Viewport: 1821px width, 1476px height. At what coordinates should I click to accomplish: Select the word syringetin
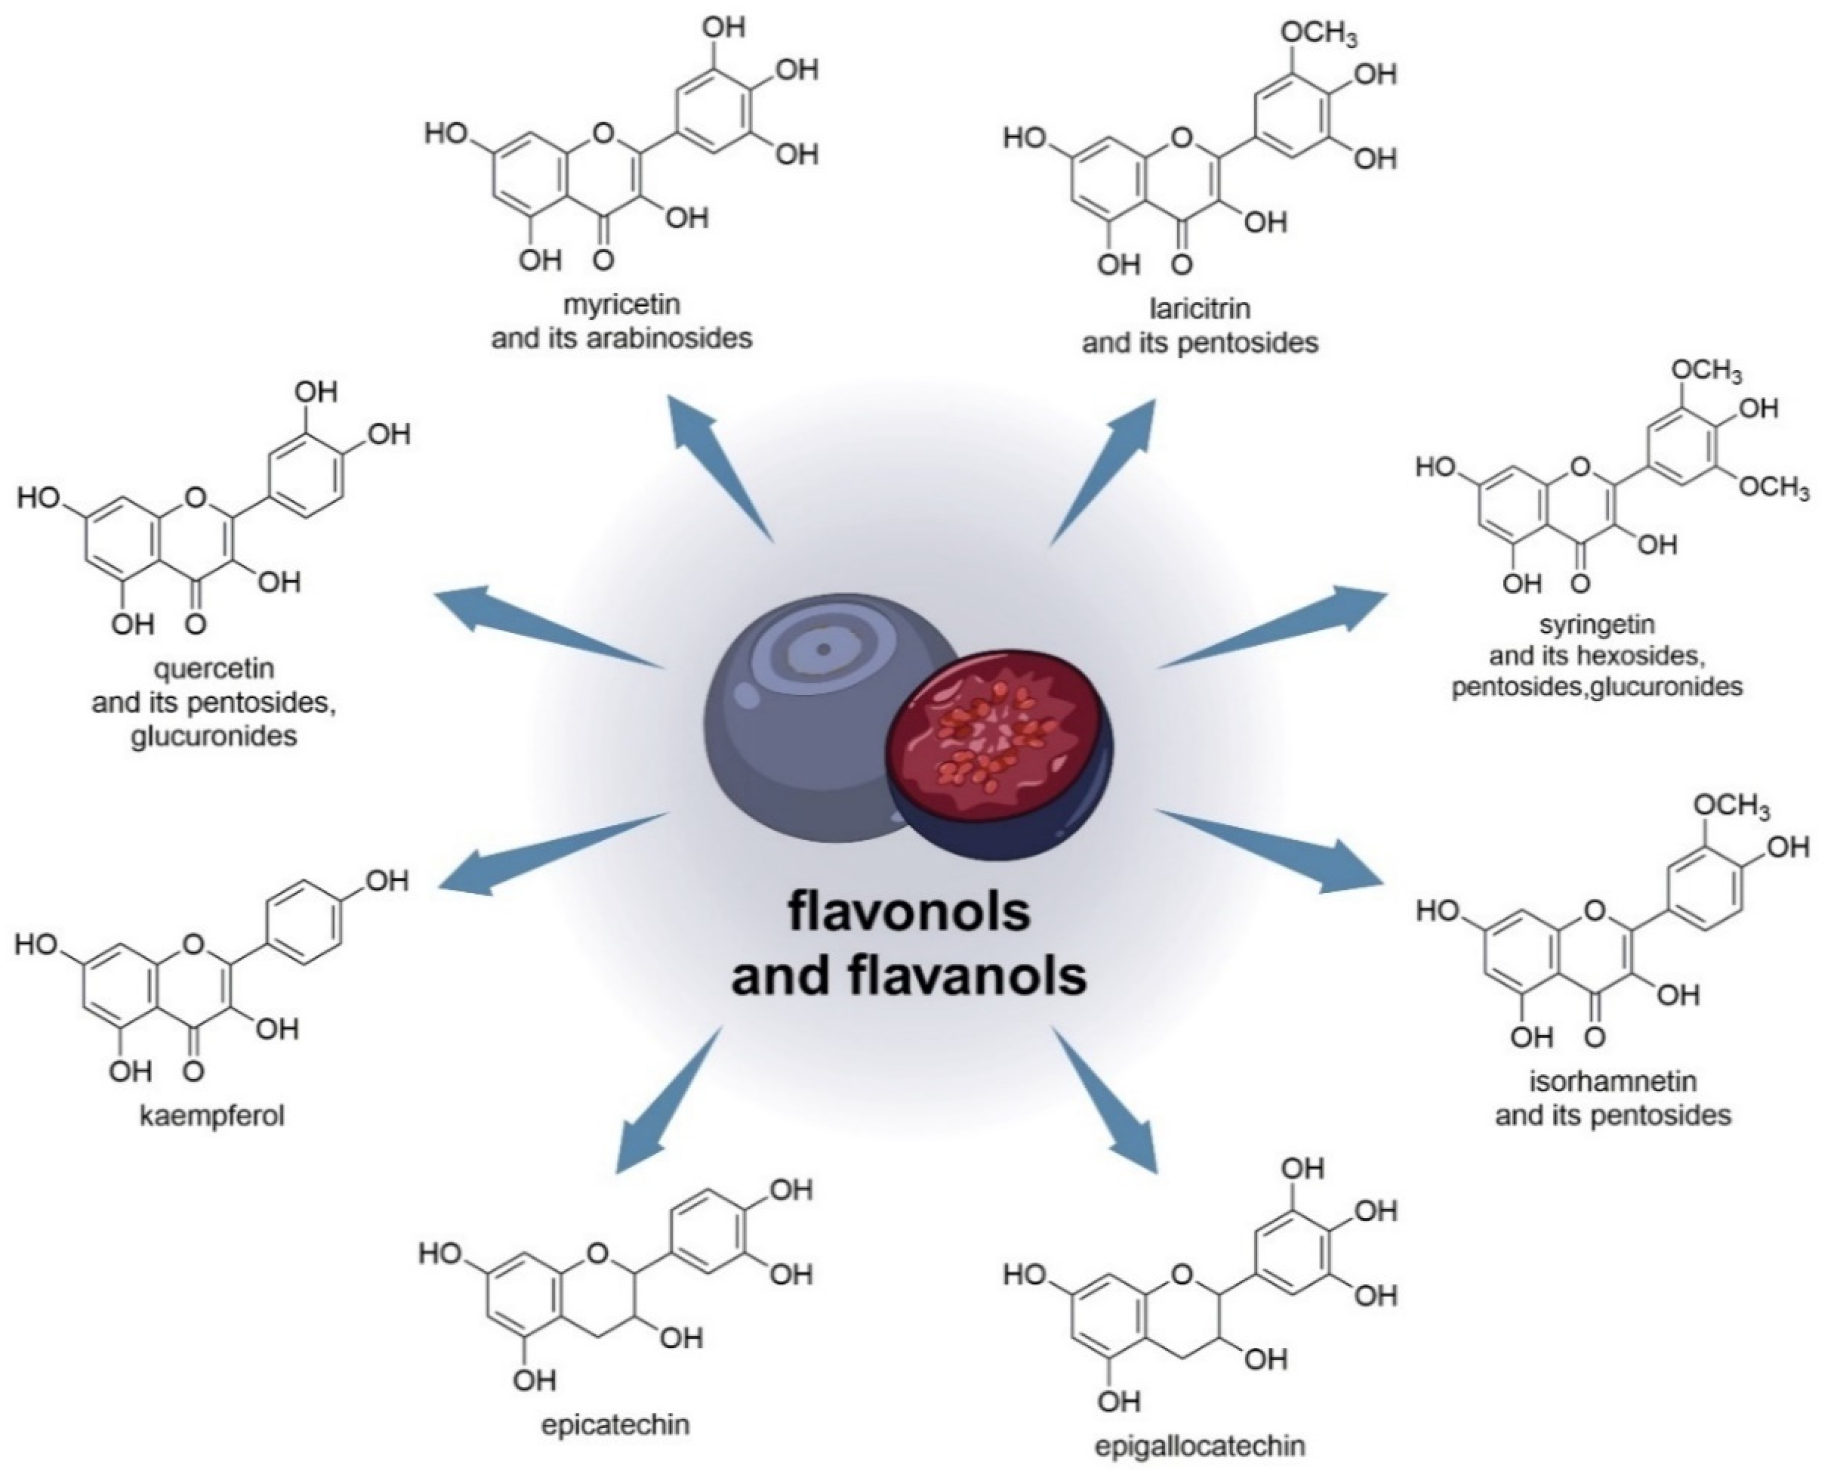(x=1597, y=624)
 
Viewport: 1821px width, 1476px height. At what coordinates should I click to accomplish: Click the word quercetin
(x=214, y=669)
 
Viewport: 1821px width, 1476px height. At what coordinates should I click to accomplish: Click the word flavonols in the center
(x=909, y=912)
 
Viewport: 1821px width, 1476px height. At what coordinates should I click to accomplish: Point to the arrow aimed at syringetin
(x=1275, y=628)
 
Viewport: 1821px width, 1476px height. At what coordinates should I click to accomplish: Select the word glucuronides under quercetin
(x=214, y=735)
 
